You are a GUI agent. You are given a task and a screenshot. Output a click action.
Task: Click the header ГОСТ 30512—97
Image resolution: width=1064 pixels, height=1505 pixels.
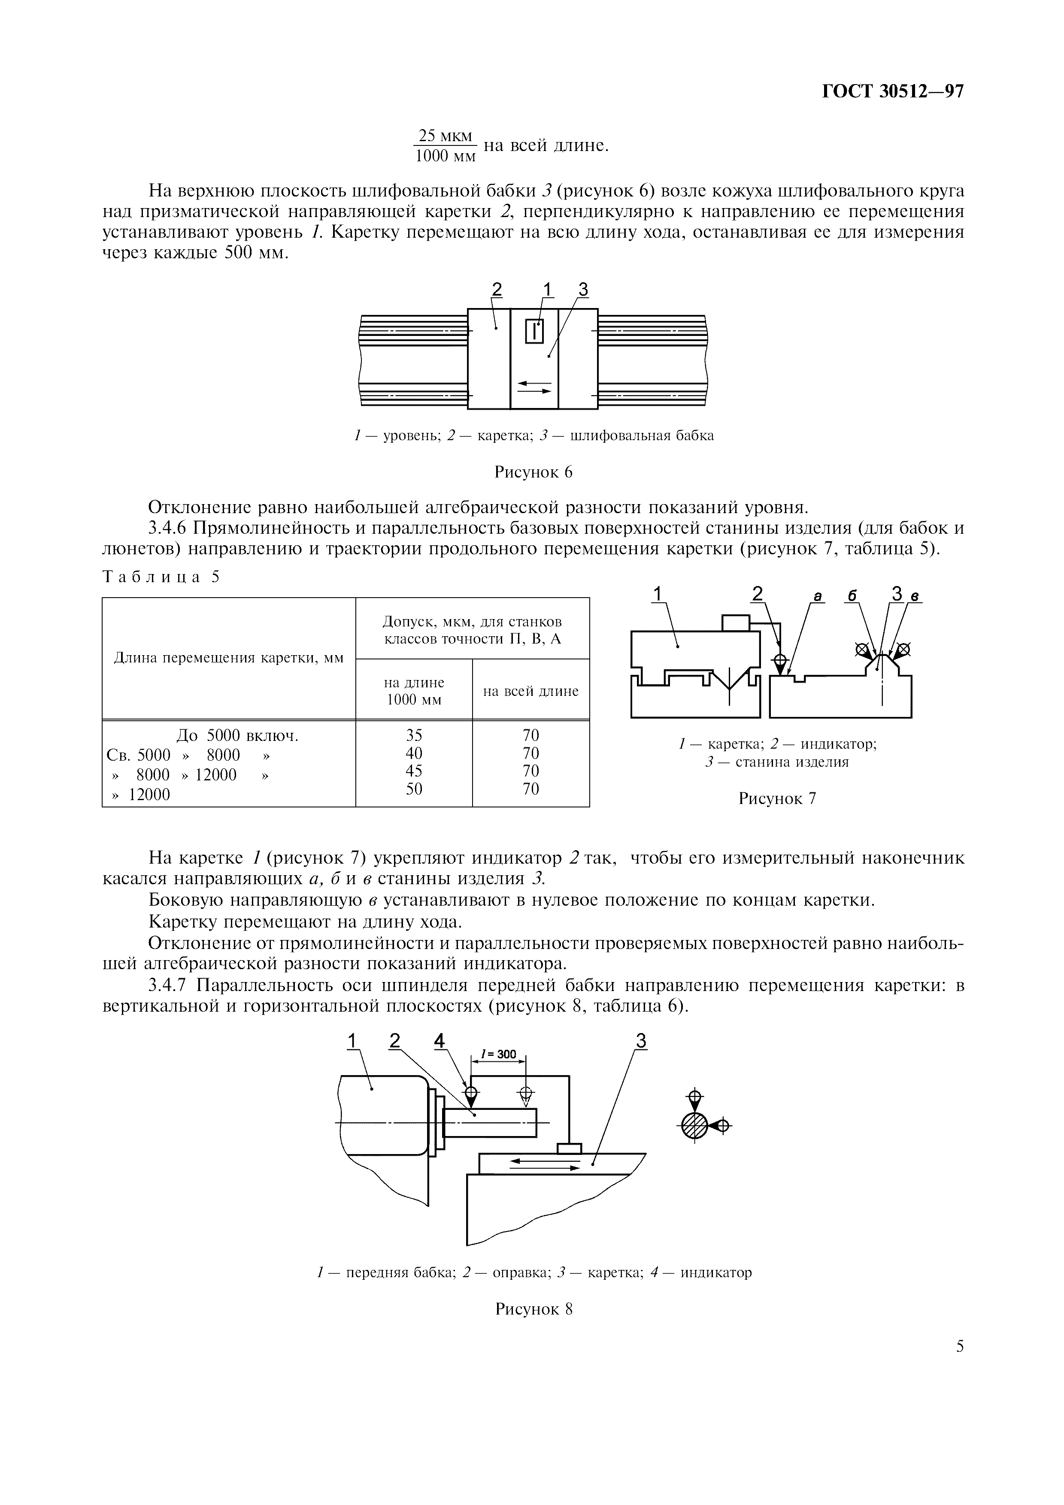(x=892, y=91)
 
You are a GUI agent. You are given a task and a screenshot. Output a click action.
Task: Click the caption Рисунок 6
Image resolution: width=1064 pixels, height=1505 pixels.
(x=533, y=472)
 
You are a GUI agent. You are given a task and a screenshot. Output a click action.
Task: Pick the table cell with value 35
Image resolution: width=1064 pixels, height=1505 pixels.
(x=414, y=735)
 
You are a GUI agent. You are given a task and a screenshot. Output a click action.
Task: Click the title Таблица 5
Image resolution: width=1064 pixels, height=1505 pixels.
(x=161, y=577)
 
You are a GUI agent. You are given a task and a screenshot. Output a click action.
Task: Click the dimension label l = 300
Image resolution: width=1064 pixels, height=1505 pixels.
(x=498, y=1054)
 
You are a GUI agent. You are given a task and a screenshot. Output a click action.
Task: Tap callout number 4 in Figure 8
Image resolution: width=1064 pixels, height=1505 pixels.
(x=439, y=1041)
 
